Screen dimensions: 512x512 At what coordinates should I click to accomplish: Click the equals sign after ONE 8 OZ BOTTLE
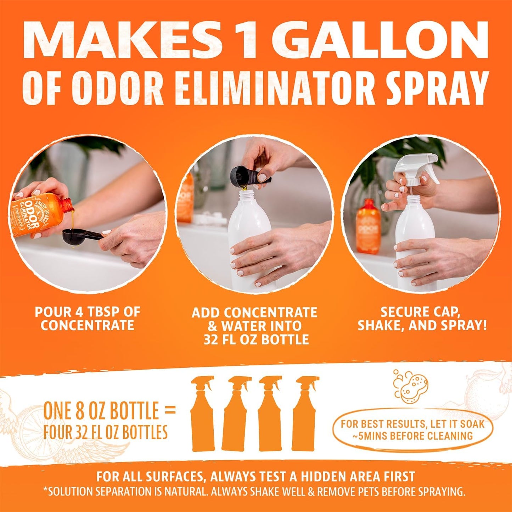coord(170,411)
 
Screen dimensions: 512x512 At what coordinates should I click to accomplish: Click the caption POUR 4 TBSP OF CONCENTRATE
coord(88,319)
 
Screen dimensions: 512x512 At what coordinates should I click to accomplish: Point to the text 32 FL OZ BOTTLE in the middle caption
coord(256,339)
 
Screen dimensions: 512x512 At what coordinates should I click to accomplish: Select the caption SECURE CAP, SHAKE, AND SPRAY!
coord(422,319)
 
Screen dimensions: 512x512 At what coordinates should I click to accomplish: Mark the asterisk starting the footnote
coord(45,490)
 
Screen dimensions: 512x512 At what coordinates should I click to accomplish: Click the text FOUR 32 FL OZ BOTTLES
coord(105,432)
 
